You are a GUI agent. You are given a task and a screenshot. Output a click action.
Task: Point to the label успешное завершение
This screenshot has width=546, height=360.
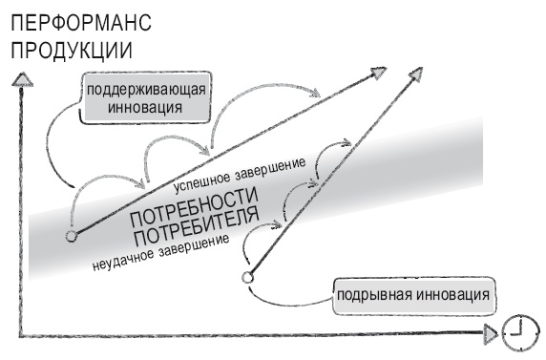(239, 174)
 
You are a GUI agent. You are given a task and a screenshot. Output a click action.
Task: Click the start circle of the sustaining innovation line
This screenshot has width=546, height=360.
(71, 236)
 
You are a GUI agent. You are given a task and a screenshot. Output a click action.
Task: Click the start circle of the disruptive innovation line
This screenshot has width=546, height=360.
(247, 277)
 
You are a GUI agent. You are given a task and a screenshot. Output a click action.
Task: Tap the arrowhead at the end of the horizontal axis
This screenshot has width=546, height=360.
(491, 333)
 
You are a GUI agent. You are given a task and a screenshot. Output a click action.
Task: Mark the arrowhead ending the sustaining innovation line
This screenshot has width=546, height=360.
(379, 70)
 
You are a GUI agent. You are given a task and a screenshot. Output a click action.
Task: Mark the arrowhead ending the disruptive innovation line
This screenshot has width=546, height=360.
(418, 72)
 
